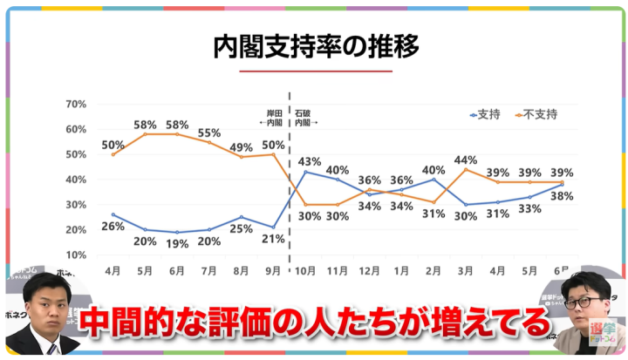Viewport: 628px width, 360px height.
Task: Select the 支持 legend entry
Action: [487, 114]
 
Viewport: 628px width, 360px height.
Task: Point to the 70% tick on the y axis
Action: [75, 105]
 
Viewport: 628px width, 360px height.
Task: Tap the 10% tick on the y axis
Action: [75, 255]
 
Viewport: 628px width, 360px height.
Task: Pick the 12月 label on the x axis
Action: [370, 271]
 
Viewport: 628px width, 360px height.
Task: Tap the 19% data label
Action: [177, 244]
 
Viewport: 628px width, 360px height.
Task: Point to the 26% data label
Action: [112, 227]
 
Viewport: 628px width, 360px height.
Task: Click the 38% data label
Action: [562, 196]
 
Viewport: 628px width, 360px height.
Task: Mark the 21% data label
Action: [273, 239]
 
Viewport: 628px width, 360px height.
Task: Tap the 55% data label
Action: [209, 133]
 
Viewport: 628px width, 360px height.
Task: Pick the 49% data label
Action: [242, 147]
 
